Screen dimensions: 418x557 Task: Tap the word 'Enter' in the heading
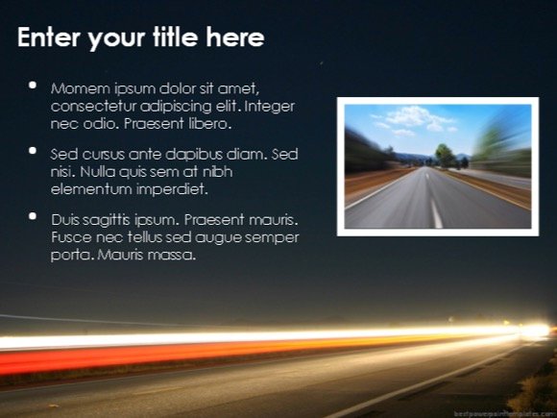pyautogui.click(x=47, y=38)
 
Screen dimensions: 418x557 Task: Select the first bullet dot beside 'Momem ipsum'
pyautogui.click(x=34, y=86)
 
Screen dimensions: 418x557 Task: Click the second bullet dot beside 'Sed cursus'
pyautogui.click(x=34, y=151)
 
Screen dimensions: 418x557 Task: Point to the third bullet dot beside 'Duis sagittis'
pyautogui.click(x=34, y=217)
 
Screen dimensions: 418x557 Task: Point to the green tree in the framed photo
pyautogui.click(x=445, y=154)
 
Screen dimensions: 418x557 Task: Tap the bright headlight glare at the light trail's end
pyautogui.click(x=536, y=331)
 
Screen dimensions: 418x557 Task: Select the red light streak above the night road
pyautogui.click(x=144, y=357)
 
